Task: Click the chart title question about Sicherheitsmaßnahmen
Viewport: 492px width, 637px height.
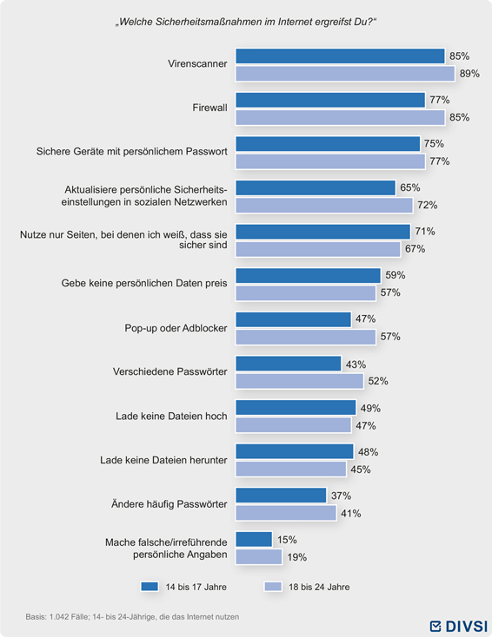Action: coord(246,22)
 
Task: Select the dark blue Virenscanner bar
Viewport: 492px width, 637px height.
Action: coord(340,56)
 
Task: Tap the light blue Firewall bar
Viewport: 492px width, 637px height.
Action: coord(340,118)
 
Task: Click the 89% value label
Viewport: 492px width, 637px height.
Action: coord(469,74)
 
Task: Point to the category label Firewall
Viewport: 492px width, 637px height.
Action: coord(210,108)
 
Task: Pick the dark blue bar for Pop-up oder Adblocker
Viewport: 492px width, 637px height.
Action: coord(294,319)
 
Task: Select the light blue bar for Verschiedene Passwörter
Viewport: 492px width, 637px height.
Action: coord(300,381)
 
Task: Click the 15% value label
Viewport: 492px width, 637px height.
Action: coord(287,540)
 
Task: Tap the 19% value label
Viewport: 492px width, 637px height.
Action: coord(296,557)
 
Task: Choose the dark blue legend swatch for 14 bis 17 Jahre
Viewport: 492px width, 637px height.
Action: coord(150,587)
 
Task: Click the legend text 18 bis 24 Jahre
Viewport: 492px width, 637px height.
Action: coord(319,587)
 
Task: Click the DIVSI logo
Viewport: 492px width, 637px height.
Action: coord(459,626)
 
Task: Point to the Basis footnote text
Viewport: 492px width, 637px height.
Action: coord(132,617)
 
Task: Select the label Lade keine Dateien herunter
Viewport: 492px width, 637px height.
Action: coord(163,460)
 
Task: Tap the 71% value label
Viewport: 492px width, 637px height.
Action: coord(425,231)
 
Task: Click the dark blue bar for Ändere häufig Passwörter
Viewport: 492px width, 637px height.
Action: coord(281,496)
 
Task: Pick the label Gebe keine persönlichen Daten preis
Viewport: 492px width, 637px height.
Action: coord(144,283)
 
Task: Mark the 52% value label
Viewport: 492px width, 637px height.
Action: coord(378,381)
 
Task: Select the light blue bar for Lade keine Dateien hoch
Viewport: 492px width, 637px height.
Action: coord(294,425)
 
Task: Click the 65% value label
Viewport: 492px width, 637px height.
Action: coord(410,187)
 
